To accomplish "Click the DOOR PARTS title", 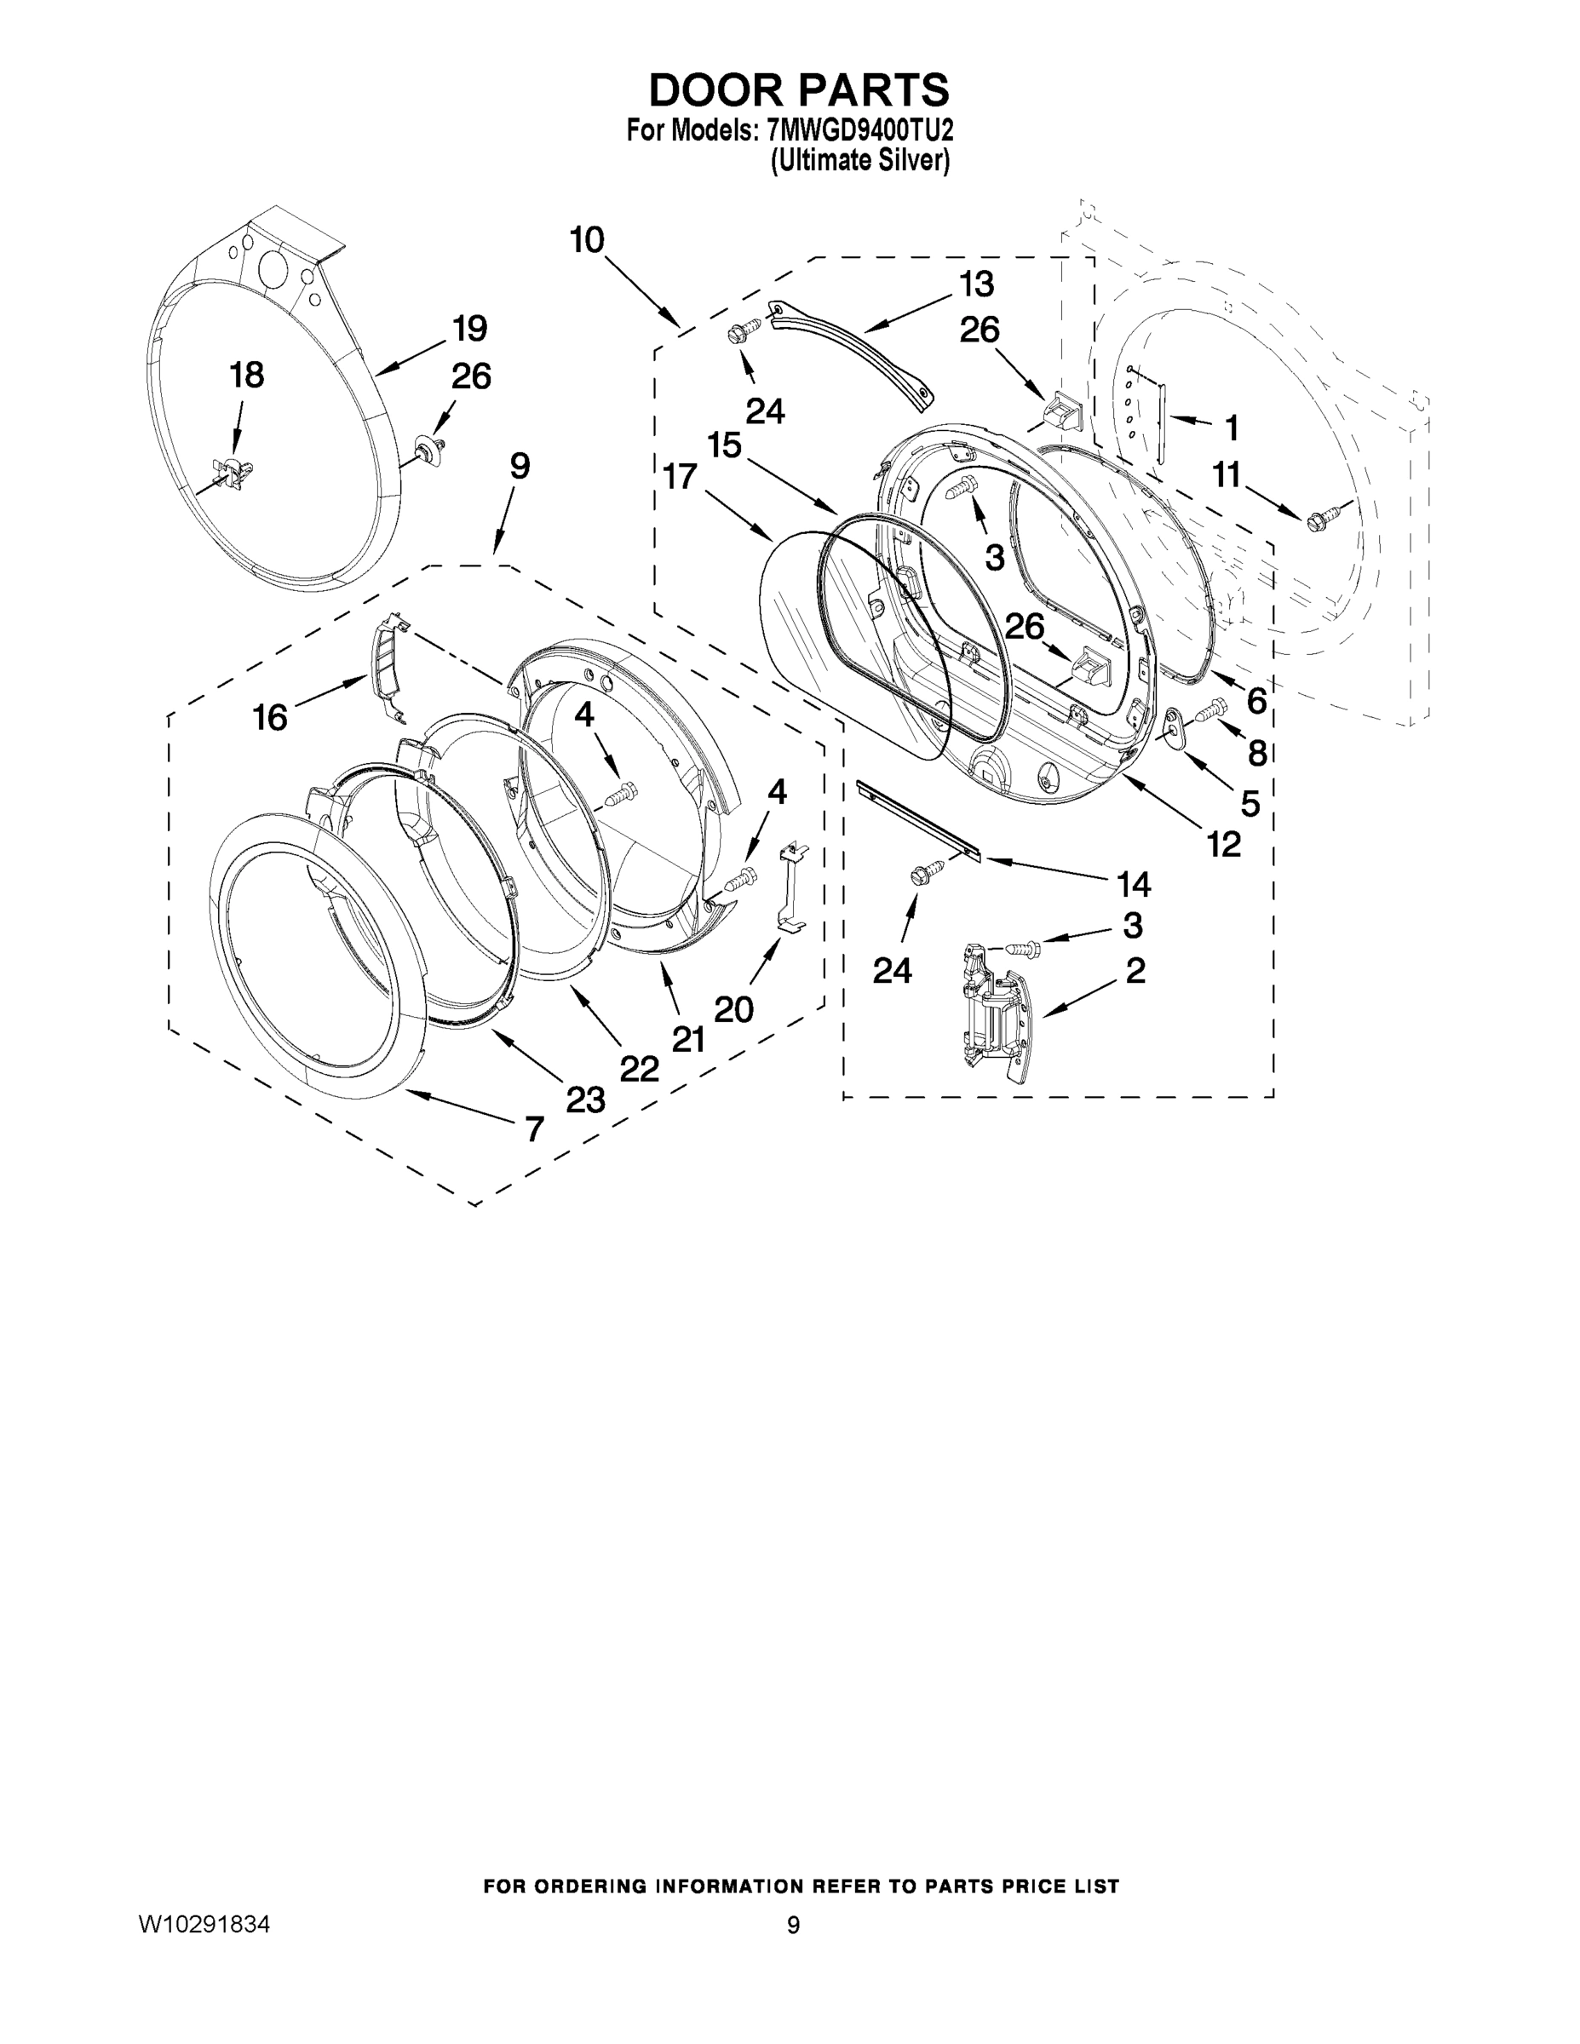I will pos(798,91).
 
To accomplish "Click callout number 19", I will pos(469,330).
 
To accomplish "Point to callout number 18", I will pos(247,376).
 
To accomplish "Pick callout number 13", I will pos(975,283).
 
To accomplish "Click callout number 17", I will pos(681,476).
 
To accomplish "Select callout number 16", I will pos(271,718).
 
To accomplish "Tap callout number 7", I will pos(533,1129).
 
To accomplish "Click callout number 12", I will pos(1223,844).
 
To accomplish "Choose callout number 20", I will pos(734,1009).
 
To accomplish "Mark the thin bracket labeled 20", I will pos(791,884).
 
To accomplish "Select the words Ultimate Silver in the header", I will pos(859,161).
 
